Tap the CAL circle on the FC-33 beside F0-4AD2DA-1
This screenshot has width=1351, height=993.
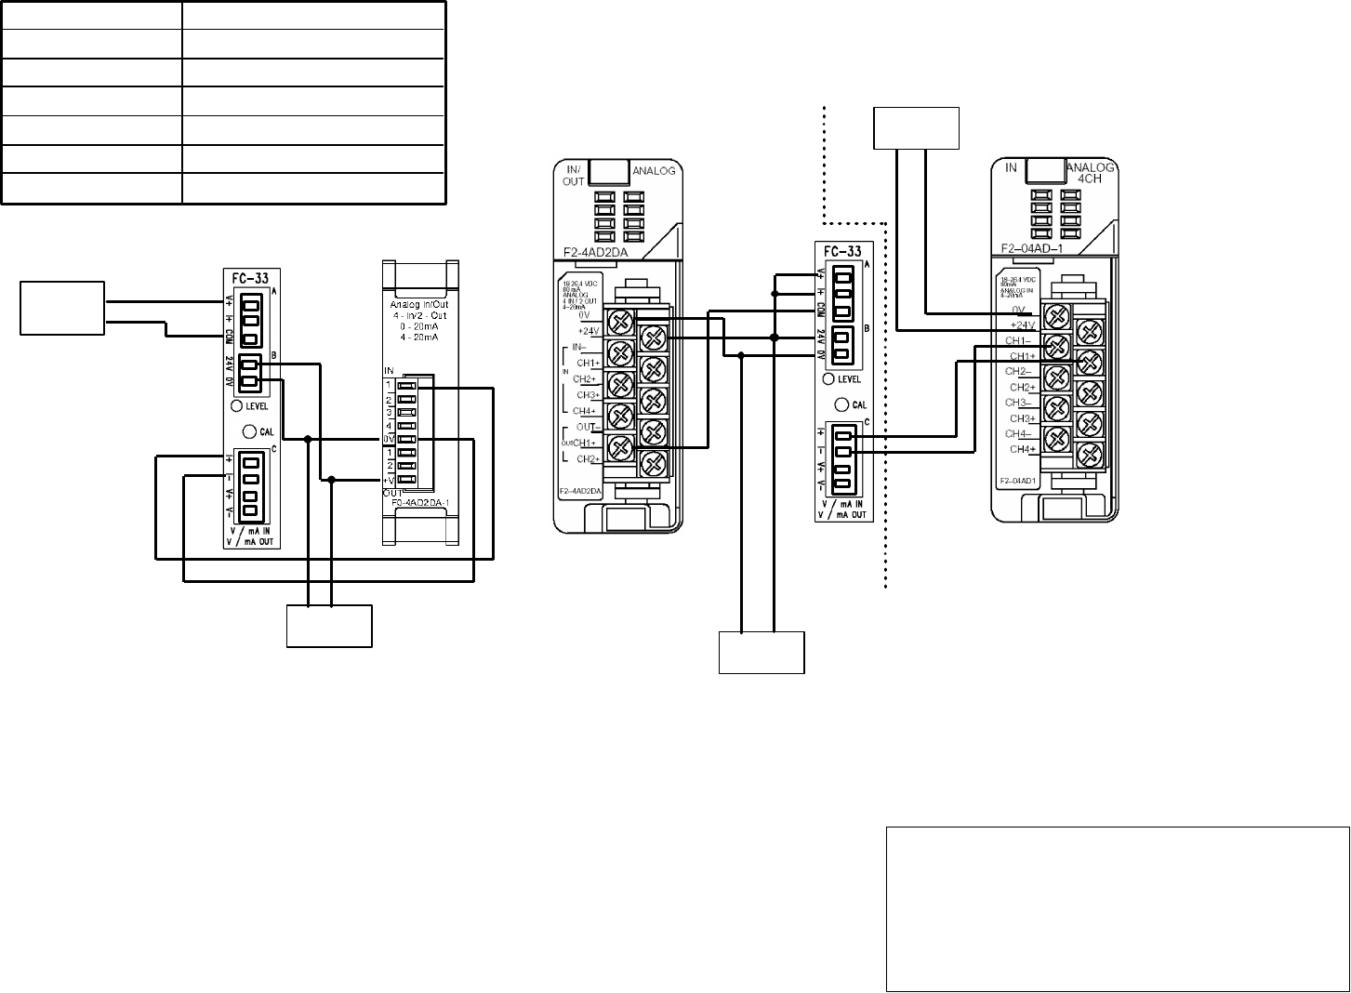click(250, 431)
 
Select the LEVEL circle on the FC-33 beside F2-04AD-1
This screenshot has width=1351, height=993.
click(828, 378)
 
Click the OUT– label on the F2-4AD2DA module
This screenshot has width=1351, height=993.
click(586, 427)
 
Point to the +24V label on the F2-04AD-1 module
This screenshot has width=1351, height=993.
click(1025, 324)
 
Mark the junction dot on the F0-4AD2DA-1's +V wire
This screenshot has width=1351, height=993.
click(332, 480)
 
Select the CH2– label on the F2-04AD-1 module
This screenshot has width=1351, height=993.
click(1022, 371)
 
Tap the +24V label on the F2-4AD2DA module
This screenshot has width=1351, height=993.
click(588, 330)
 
